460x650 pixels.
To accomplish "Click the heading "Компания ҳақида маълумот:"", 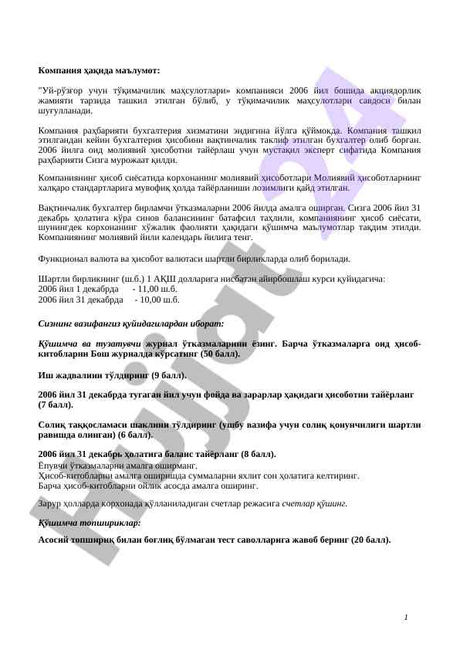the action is (x=99, y=70).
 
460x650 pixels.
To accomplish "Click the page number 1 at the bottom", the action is (x=406, y=617).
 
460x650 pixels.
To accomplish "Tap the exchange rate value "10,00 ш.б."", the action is (x=157, y=300).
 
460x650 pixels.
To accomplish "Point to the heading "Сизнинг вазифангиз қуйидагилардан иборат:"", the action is (x=130, y=323).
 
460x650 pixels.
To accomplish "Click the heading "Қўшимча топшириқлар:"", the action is (x=90, y=523).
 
